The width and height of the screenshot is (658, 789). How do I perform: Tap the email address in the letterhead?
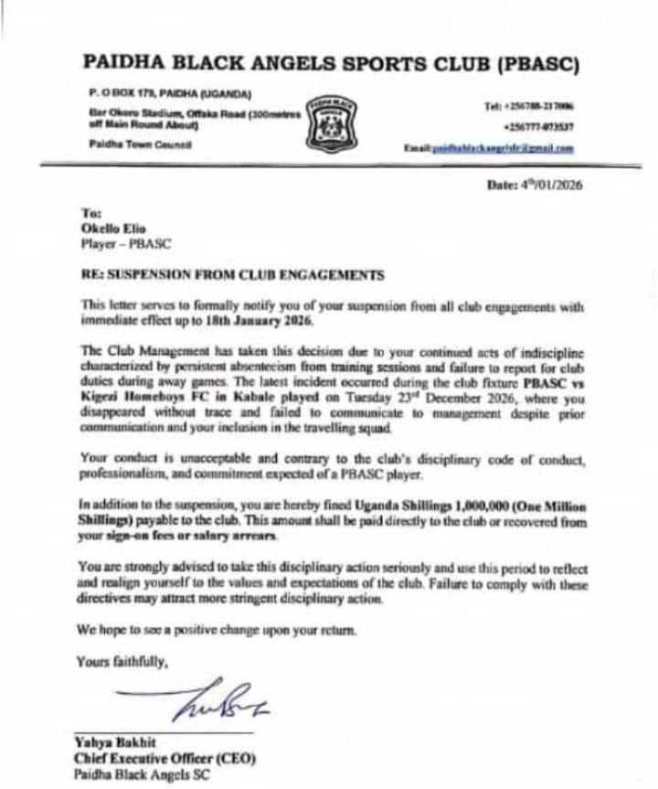click(502, 147)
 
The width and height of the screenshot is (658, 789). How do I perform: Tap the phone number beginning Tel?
click(529, 107)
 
